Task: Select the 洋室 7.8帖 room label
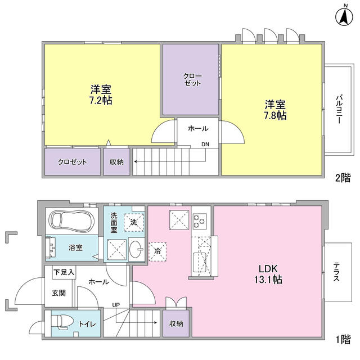[276, 110]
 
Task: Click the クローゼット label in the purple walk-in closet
[191, 80]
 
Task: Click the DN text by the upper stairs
[206, 145]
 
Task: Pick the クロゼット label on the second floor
[73, 162]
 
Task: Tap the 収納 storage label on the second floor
[116, 162]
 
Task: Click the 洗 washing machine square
[133, 222]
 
